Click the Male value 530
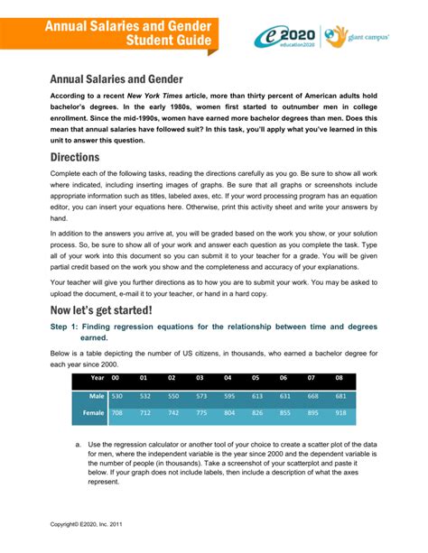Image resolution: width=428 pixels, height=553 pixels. point(117,396)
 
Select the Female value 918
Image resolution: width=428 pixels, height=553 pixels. point(341,413)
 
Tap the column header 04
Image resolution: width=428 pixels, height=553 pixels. point(228,377)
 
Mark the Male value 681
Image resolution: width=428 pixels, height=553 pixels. point(341,396)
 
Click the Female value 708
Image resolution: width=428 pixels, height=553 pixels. point(117,413)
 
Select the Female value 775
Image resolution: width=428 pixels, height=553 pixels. point(200,413)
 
